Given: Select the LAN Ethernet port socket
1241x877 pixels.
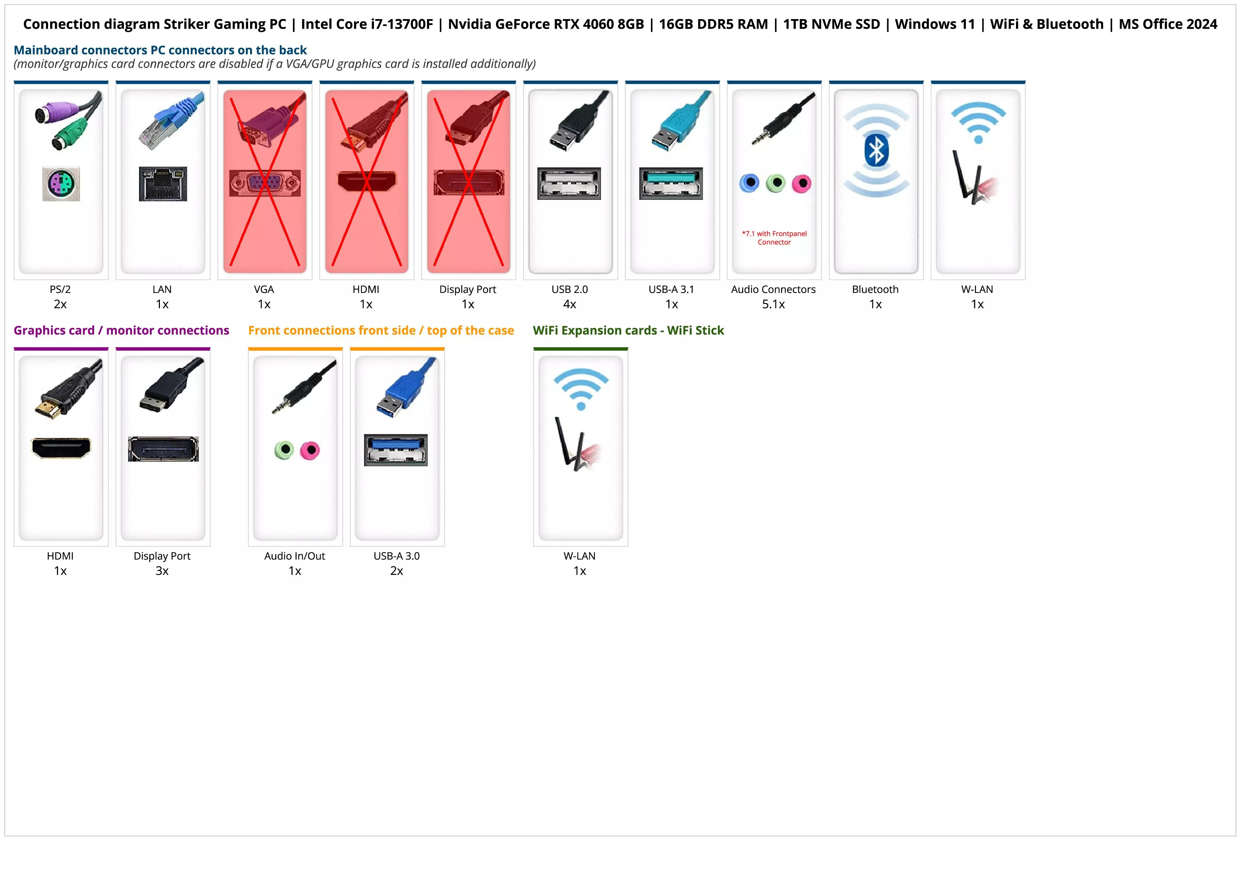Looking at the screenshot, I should [163, 184].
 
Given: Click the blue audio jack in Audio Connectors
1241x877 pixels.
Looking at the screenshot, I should [749, 183].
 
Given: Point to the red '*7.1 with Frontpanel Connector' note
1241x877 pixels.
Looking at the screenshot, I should [774, 238].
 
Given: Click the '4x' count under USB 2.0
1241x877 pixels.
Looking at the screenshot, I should [570, 304].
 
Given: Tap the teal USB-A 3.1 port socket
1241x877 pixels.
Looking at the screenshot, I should [671, 183].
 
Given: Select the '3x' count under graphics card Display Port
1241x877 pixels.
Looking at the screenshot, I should [162, 571].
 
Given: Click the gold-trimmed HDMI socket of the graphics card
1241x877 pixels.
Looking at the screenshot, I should [61, 448].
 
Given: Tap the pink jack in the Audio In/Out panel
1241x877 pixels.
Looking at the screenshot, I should [310, 450].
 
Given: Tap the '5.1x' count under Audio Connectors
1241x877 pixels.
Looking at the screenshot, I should [773, 304].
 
